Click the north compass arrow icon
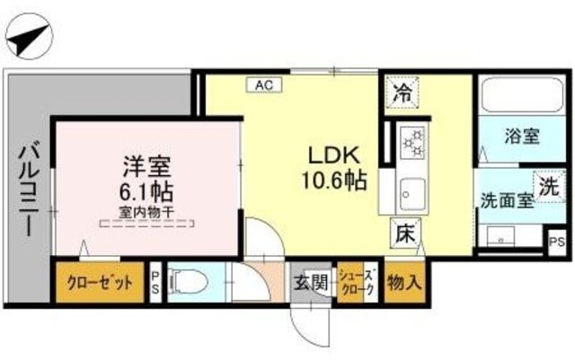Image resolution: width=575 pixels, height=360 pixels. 28,39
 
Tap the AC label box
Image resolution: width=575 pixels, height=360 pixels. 263,86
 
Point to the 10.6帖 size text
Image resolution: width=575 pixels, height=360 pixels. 333,180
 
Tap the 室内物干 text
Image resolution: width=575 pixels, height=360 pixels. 148,213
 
